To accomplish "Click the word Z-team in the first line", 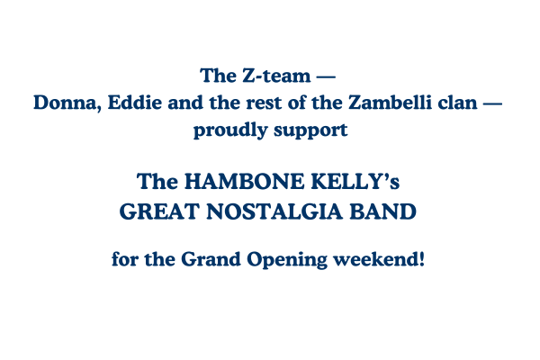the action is pos(276,76).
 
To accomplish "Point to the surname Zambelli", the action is pos(390,103).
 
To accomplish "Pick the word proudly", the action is pos(230,130).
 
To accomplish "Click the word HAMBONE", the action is pos(244,182).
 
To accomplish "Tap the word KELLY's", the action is pos(355,182).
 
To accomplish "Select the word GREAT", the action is pos(159,211).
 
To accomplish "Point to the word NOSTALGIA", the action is pos(274,211).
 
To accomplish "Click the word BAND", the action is pos(383,211).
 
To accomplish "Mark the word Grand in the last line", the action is pos(211,259).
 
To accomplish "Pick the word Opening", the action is pos(287,260).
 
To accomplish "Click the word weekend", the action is pos(374,259).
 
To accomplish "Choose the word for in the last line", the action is pos(125,259).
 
